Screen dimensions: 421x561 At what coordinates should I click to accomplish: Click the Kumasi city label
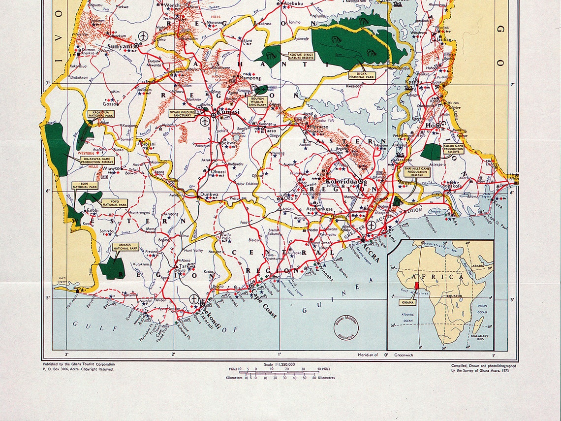click(228, 112)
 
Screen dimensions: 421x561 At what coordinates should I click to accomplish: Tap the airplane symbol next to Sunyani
click(143, 36)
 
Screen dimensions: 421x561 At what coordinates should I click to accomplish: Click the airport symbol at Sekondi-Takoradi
click(194, 300)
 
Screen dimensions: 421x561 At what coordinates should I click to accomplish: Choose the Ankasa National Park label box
click(125, 247)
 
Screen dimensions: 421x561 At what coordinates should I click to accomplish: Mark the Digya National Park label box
click(362, 75)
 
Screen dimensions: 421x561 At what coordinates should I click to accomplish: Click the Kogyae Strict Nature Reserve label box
click(301, 55)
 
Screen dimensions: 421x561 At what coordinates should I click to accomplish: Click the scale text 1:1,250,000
click(280, 364)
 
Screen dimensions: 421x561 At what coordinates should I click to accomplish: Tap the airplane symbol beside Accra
click(371, 226)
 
